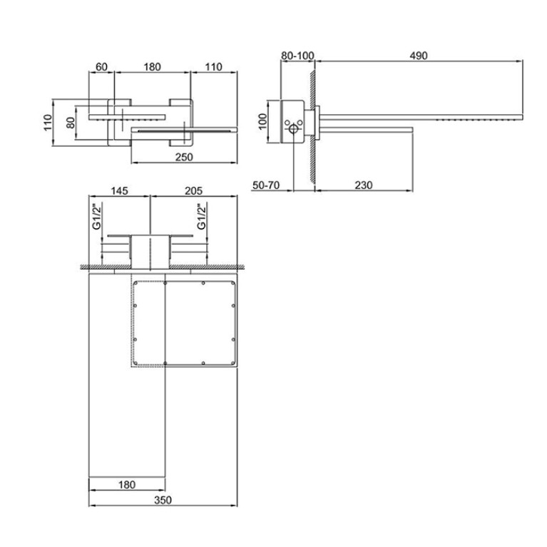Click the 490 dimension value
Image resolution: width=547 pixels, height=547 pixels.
[419, 56]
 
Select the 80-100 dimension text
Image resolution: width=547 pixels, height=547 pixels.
[297, 56]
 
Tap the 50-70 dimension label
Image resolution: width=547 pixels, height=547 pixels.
[266, 185]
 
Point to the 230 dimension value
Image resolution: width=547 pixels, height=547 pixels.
[364, 185]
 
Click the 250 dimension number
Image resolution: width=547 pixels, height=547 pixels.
[184, 157]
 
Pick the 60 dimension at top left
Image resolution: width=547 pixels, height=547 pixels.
[101, 66]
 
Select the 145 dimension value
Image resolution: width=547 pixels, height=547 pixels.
[119, 191]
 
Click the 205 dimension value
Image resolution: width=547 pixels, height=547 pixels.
[193, 191]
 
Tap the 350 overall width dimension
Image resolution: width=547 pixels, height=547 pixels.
[163, 500]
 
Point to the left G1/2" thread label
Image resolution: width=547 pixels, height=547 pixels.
[96, 217]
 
